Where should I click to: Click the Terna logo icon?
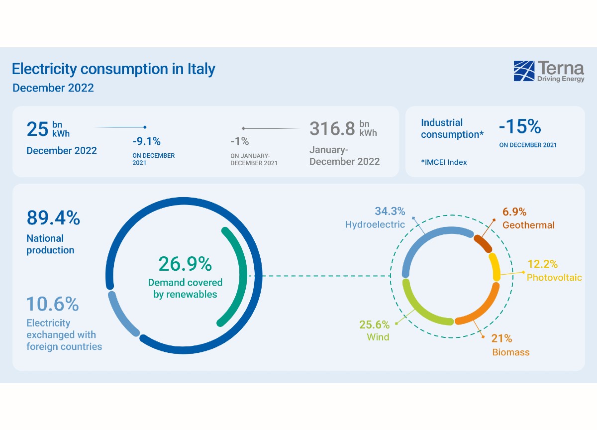(524, 71)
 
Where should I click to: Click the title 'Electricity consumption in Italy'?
(113, 69)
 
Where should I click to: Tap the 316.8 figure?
(332, 128)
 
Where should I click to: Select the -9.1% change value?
(146, 141)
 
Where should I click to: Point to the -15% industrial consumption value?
(519, 127)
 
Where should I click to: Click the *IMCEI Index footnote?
(444, 162)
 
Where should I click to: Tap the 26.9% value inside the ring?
(185, 264)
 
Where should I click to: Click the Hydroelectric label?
(375, 224)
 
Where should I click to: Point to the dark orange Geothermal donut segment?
(483, 243)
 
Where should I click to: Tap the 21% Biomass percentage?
(501, 338)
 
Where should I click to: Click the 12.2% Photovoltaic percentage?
(542, 264)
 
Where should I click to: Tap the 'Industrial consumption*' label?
(452, 128)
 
